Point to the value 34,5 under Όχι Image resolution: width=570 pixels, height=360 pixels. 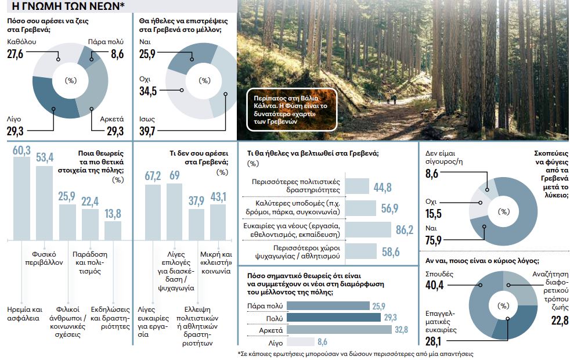[148, 91]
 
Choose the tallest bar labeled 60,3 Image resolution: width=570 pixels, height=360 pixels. [21, 197]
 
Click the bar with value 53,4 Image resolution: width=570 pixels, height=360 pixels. [44, 202]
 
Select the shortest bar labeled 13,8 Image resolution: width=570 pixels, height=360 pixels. [113, 230]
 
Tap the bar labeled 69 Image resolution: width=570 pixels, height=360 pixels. [175, 211]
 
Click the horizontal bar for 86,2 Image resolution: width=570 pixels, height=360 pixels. [368, 229]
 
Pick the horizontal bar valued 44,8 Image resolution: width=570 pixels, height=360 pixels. [357, 186]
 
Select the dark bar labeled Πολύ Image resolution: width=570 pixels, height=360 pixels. [329, 318]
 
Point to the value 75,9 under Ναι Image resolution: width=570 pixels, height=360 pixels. [434, 239]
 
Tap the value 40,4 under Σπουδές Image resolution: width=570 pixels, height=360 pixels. [434, 285]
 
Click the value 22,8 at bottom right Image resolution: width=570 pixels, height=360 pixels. [558, 320]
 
